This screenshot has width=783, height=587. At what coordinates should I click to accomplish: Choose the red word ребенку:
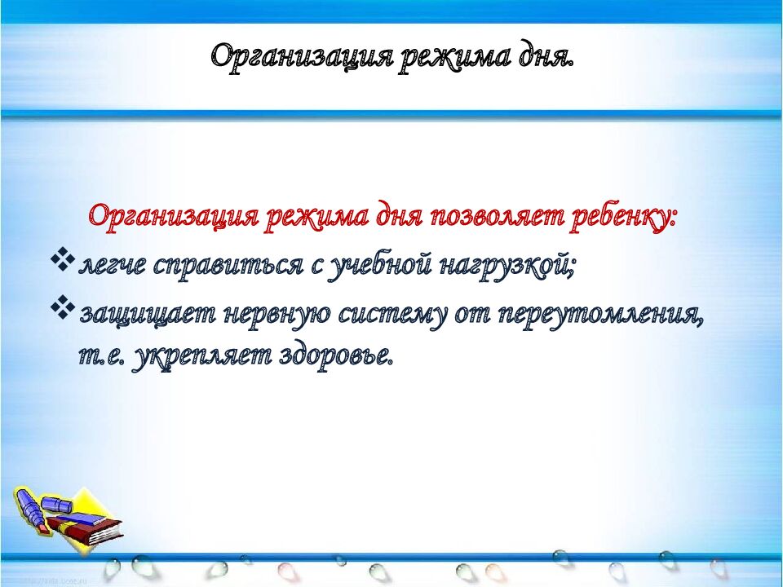point(619,218)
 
